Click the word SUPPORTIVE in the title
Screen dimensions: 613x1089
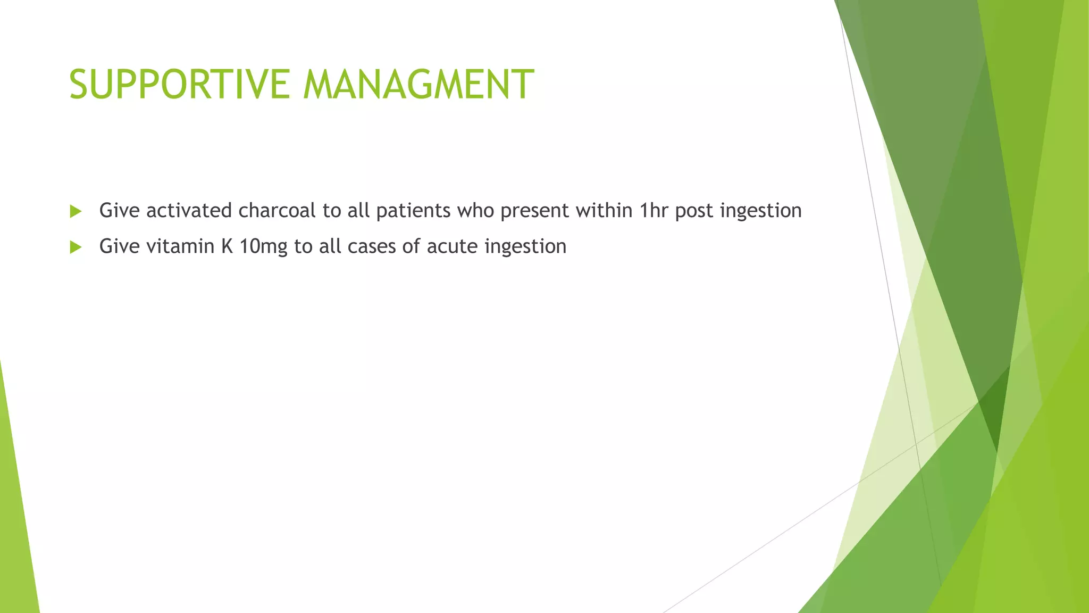(x=179, y=84)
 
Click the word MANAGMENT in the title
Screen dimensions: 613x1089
(x=418, y=84)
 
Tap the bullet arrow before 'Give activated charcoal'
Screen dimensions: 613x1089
(x=76, y=211)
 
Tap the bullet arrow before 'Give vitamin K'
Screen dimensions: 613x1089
(x=76, y=247)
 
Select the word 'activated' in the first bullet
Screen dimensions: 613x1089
(x=189, y=211)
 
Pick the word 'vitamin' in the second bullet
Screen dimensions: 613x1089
(x=180, y=246)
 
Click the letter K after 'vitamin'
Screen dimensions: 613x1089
(x=227, y=246)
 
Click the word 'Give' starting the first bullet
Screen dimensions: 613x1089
(x=120, y=211)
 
